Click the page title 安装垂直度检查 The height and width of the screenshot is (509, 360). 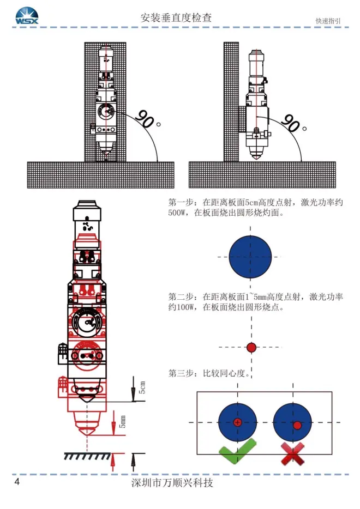tap(176, 18)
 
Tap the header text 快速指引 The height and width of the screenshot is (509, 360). tap(328, 21)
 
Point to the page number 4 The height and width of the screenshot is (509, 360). tap(17, 483)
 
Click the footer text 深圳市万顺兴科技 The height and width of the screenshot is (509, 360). tap(172, 483)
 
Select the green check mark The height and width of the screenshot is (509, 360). tap(236, 452)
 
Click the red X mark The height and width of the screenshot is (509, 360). tap(293, 453)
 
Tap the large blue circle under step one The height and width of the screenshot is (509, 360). tap(250, 257)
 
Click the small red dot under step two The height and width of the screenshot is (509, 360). tap(251, 347)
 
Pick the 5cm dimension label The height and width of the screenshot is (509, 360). tap(142, 388)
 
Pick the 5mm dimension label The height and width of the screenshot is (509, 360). tap(122, 421)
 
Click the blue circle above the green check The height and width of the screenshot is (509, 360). tap(237, 422)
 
